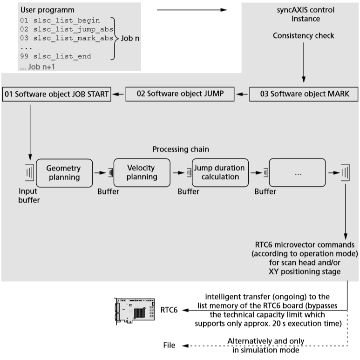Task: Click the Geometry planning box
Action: (63, 172)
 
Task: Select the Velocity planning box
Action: (142, 172)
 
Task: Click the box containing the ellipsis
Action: (298, 173)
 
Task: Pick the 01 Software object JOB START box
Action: (56, 95)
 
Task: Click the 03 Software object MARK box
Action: (303, 95)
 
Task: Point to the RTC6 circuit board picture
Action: (135, 309)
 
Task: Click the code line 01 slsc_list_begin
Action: (60, 20)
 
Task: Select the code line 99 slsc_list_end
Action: (55, 56)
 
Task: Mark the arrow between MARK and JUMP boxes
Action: (243, 95)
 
